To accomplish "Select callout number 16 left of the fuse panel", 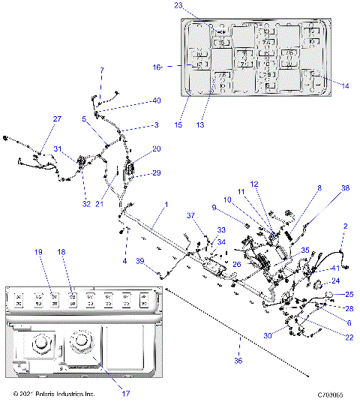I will [157, 66].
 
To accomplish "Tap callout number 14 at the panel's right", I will [346, 86].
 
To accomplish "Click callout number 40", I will [156, 100].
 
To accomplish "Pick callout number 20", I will [156, 149].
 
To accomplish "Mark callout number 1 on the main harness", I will [166, 205].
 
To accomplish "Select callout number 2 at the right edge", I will [346, 226].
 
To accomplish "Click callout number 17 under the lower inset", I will [125, 394].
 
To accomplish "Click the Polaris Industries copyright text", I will [54, 394].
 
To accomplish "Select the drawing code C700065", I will [330, 394].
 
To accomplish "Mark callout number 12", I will [253, 184].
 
